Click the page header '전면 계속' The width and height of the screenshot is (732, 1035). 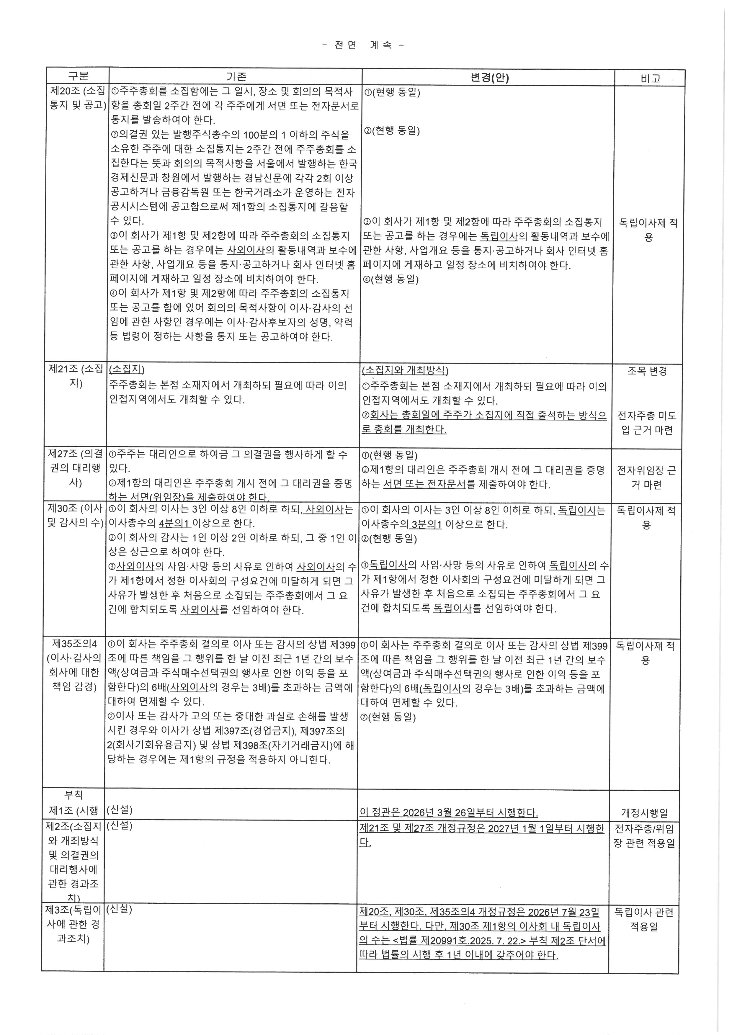pos(363,45)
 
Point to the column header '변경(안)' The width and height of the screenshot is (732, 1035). pos(489,78)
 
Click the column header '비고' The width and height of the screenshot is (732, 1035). pos(650,79)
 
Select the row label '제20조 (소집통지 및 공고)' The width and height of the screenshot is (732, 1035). pos(77,98)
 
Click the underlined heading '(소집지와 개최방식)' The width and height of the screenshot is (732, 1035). pos(405,371)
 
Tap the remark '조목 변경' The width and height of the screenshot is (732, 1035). pos(647,372)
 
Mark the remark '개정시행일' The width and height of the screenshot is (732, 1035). pos(644,813)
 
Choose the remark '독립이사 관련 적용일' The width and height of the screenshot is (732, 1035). pos(644,920)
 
